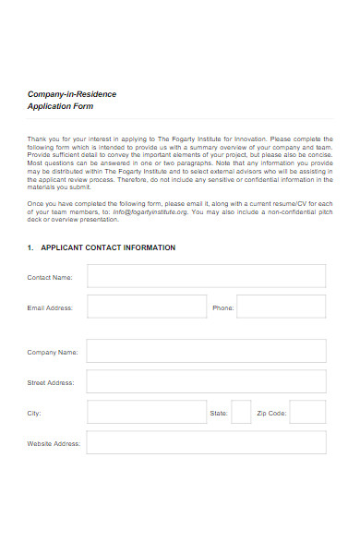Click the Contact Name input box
pos(206,276)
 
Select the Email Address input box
pos(146,307)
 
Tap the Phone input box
pos(283,307)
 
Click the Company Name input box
pos(206,351)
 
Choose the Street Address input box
pos(206,381)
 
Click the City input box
pos(146,412)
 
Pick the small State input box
pos(240,412)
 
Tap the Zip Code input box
pos(307,412)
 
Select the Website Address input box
pos(206,442)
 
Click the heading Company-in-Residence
pos(72,94)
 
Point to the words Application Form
pos(60,107)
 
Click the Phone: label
pos(223,308)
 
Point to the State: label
pos(219,413)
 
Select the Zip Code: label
pos(271,413)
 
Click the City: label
pos(34,413)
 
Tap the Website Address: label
pos(54,443)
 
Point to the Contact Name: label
pos(50,277)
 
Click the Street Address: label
pos(51,382)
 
